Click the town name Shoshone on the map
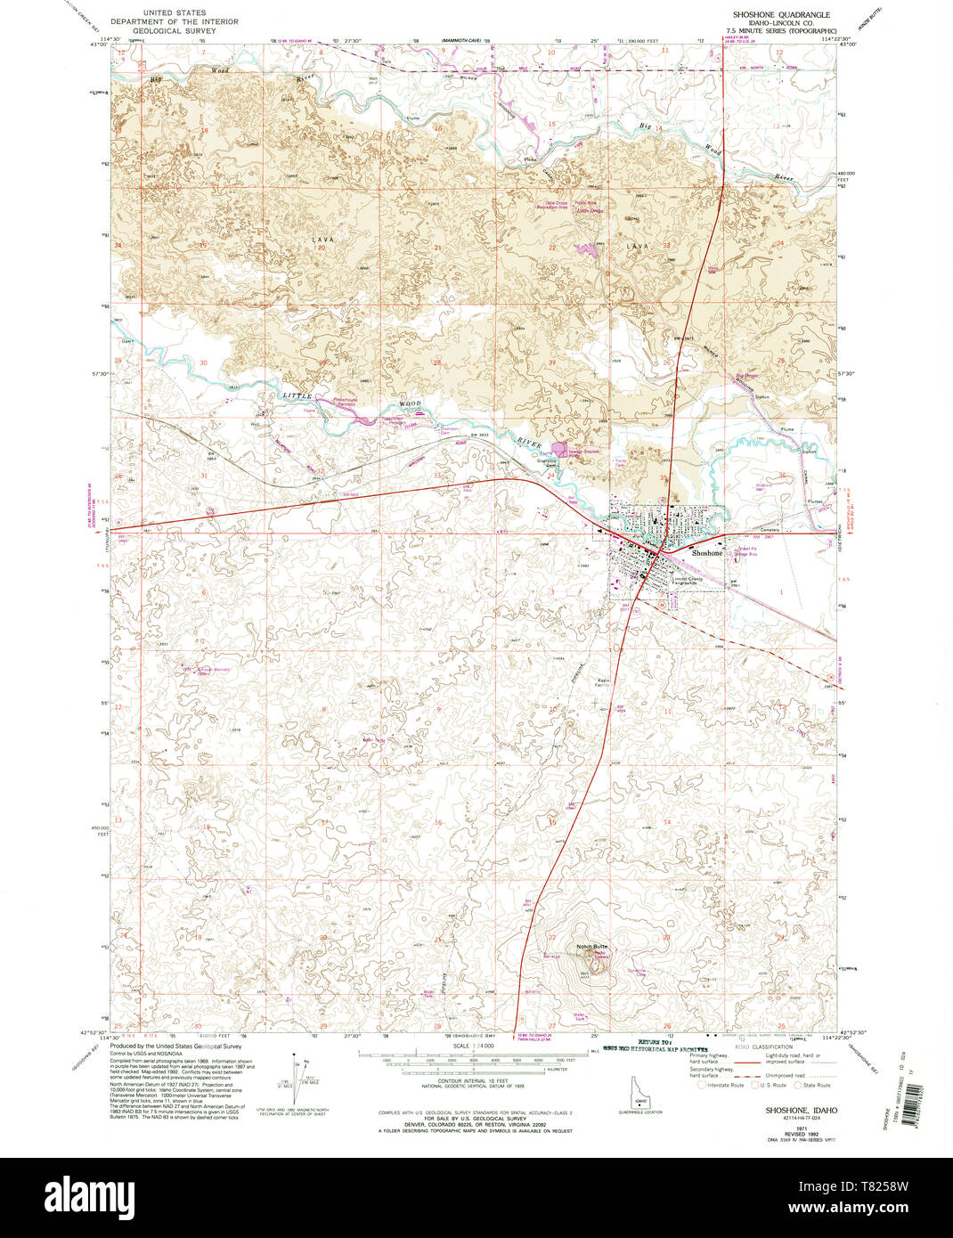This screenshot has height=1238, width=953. (x=708, y=553)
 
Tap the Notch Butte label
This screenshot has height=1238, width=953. (x=591, y=946)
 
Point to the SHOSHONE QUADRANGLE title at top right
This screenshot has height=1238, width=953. (x=780, y=15)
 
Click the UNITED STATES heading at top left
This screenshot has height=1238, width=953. (x=175, y=13)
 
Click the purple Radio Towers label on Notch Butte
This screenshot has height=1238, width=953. (x=600, y=955)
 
